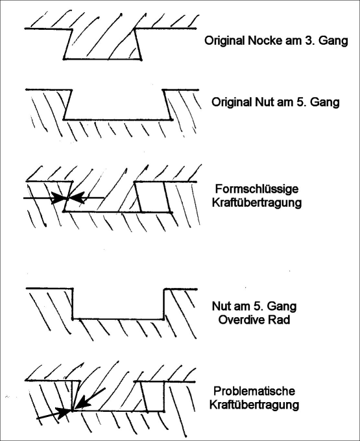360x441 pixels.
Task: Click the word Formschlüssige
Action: [x=256, y=189]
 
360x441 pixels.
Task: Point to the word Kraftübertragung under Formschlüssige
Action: [x=256, y=202]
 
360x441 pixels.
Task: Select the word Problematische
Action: [x=254, y=391]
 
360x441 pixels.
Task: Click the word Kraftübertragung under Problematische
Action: [x=254, y=405]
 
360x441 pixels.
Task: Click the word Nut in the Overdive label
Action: [x=221, y=306]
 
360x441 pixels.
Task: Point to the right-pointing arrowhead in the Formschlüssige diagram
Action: [x=60, y=198]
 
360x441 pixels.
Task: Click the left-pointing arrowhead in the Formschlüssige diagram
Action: [x=77, y=198]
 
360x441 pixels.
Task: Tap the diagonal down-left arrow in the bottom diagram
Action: [x=90, y=399]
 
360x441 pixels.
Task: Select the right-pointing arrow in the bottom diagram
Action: [x=54, y=414]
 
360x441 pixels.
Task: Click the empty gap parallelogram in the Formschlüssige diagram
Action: [x=152, y=197]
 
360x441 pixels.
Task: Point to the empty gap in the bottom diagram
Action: [x=153, y=396]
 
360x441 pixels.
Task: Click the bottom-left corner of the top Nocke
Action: [x=64, y=59]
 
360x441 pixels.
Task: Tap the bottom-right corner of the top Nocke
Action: [x=141, y=59]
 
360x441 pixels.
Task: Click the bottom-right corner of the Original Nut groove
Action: [x=171, y=119]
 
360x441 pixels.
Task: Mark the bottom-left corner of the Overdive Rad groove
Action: [x=73, y=319]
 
